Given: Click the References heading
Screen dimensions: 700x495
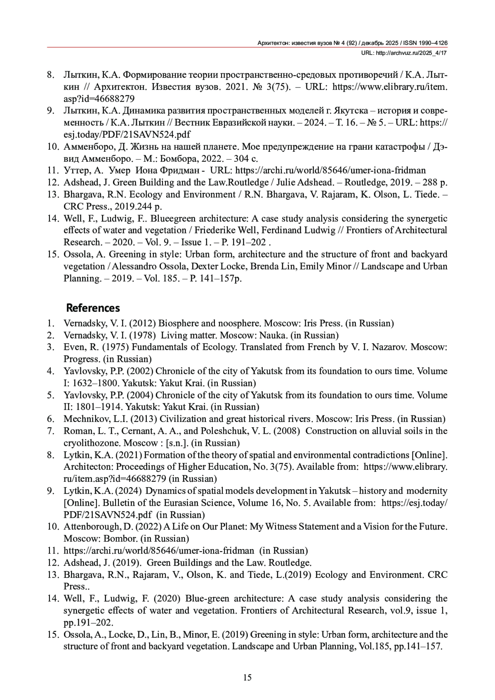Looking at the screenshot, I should [x=93, y=308].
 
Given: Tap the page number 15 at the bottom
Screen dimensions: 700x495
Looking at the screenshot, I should [x=247, y=677].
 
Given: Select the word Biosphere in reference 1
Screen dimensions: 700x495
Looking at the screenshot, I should [x=178, y=323].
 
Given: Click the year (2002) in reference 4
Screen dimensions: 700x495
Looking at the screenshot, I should [x=140, y=371].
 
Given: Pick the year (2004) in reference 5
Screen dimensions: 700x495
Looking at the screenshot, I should [x=140, y=395].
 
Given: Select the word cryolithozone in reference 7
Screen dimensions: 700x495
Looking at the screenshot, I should [x=91, y=443].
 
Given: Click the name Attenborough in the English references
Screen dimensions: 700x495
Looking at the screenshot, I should [x=91, y=526].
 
